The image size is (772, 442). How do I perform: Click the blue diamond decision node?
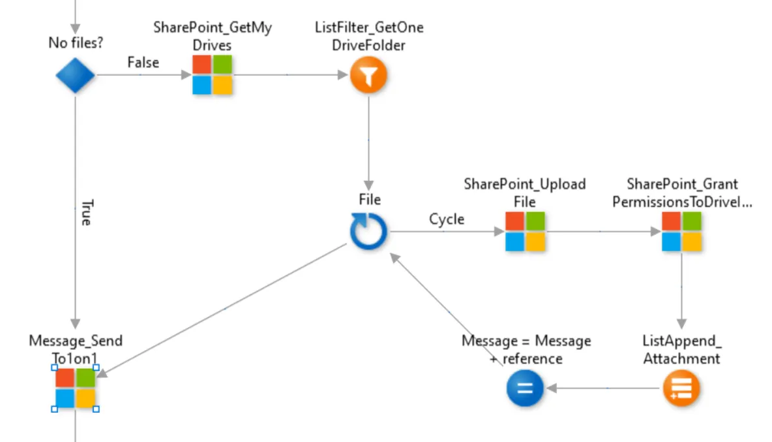point(75,76)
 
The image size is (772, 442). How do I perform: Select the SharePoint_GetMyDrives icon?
point(213,75)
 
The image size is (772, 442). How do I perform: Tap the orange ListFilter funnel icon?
point(368,76)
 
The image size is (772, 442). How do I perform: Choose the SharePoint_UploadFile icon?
point(525,232)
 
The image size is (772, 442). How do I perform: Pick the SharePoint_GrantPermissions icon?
point(681,232)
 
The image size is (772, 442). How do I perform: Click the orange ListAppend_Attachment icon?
point(681,388)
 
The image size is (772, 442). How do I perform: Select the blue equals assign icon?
point(525,388)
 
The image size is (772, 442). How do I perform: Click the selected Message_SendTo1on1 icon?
point(75,388)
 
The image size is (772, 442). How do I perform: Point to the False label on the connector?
point(143,63)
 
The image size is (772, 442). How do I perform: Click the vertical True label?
point(85,213)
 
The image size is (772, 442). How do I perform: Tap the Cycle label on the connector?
point(447,219)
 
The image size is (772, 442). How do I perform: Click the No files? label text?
point(75,44)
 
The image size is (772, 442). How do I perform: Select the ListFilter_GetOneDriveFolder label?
point(368,36)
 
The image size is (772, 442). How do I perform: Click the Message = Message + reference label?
point(526,349)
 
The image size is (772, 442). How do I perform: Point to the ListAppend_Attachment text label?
point(682,349)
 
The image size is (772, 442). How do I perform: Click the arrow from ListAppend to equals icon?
point(603,388)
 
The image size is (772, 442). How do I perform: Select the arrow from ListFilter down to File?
point(368,140)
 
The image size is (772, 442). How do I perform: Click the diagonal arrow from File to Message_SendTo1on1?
point(225,308)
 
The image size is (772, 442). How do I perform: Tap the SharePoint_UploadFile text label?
point(525,193)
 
